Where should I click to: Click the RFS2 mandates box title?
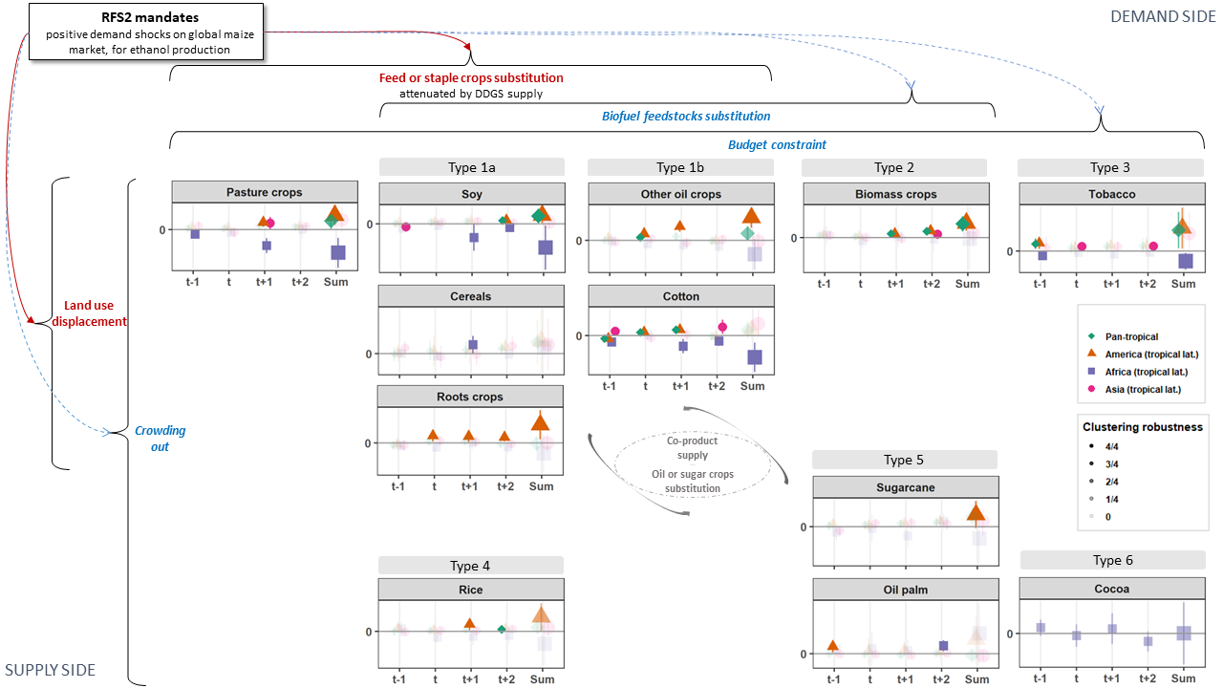[150, 17]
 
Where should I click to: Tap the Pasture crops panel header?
[265, 192]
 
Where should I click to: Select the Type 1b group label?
[680, 167]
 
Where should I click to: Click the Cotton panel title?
[681, 296]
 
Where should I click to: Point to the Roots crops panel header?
[470, 397]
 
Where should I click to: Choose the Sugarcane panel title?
[906, 487]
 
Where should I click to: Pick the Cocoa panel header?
[1112, 589]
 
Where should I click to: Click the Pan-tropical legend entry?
[1125, 337]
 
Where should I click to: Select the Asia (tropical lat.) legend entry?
[1136, 389]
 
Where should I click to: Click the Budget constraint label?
[777, 144]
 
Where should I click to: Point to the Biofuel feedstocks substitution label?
[686, 117]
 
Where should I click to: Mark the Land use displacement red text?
[89, 313]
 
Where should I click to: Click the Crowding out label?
[160, 439]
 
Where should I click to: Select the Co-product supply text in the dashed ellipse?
[693, 448]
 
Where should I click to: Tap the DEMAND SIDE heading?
[1163, 17]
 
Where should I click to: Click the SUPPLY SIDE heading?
[51, 670]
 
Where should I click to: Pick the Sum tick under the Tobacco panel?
[1183, 284]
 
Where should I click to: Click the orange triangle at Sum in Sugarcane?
[976, 513]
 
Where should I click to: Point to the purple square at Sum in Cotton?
[755, 357]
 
